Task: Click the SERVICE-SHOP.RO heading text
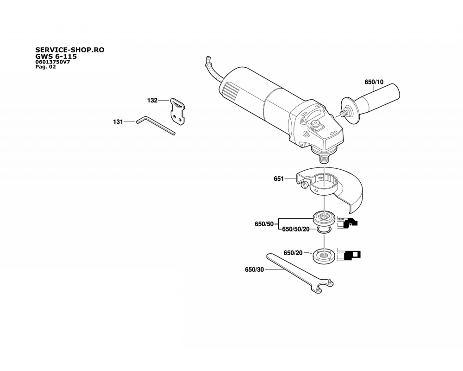[x=70, y=50]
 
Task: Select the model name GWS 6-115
[x=56, y=56]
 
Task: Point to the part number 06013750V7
[x=53, y=62]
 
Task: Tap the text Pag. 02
[x=45, y=67]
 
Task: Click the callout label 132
[x=152, y=101]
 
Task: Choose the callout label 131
[x=118, y=122]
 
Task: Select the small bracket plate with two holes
[x=177, y=112]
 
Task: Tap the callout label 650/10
[x=374, y=82]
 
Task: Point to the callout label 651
[x=279, y=179]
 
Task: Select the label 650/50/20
[x=296, y=229]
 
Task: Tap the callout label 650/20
[x=293, y=253]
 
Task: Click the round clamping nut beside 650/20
[x=324, y=256]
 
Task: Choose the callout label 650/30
[x=254, y=270]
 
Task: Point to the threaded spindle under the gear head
[x=325, y=158]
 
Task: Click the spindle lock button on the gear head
[x=315, y=124]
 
